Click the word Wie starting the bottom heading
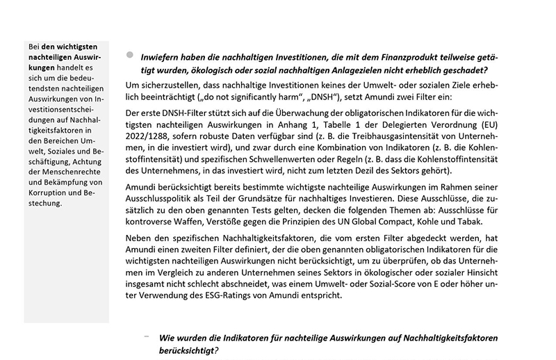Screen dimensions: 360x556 pyautogui.click(x=168, y=338)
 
